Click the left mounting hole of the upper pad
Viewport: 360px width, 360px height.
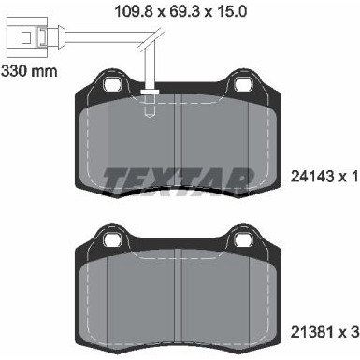115,85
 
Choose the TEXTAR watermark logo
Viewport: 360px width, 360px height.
178,177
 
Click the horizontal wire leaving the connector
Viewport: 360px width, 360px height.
94,40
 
